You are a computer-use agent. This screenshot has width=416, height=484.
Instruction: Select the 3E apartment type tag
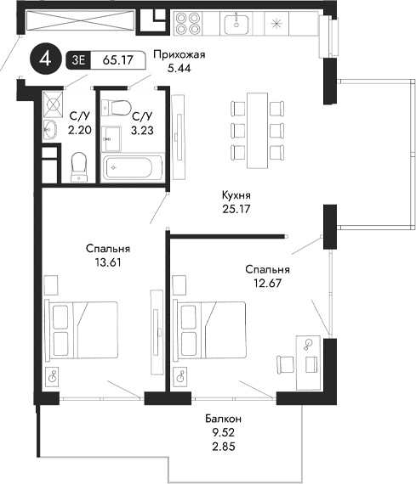[x=78, y=60]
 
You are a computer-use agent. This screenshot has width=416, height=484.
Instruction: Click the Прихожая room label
[x=179, y=57]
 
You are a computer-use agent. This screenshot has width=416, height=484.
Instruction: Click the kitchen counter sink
[x=236, y=24]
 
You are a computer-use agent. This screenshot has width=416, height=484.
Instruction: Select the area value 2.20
[x=80, y=131]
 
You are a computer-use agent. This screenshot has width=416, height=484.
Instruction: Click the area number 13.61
[x=108, y=262]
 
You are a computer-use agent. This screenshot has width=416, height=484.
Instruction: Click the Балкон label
[x=224, y=419]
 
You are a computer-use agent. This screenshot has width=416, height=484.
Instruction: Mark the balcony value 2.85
[x=224, y=444]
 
